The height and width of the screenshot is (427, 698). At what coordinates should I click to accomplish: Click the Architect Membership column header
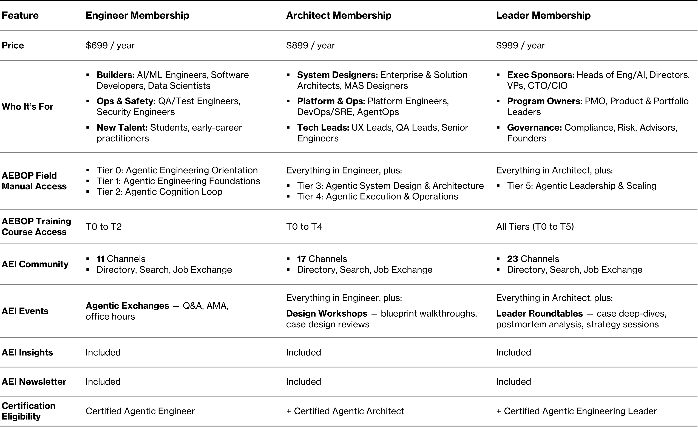[339, 15]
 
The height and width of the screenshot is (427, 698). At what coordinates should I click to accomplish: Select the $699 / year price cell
[110, 45]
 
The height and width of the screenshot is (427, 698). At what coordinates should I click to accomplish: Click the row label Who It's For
[27, 107]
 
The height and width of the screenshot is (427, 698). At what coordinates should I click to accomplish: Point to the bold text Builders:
[115, 75]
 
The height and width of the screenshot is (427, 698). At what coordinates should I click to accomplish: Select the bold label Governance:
[534, 128]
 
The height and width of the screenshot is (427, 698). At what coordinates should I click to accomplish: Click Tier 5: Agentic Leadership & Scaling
[581, 186]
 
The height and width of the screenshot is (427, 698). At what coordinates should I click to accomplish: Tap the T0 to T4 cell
[304, 227]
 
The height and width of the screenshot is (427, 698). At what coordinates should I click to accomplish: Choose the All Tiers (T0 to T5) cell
[535, 227]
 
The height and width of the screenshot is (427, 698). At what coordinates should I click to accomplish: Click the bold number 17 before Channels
[301, 259]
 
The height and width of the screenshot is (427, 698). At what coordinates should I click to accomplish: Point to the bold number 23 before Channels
[512, 259]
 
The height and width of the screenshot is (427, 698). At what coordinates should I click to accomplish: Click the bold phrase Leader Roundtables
[539, 314]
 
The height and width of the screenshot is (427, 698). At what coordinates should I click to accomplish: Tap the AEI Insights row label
[27, 352]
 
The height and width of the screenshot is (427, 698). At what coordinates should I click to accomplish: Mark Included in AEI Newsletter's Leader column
[513, 382]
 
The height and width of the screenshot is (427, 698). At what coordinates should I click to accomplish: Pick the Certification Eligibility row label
[28, 411]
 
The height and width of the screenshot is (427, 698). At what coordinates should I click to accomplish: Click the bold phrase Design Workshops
[326, 314]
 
